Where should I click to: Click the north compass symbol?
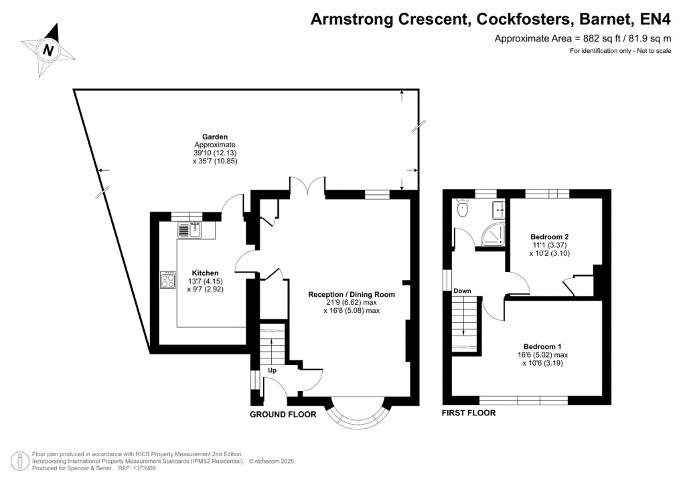tap(48, 48)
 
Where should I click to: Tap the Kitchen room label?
tap(205, 273)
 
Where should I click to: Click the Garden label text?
tap(216, 136)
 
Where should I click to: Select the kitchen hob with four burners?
tap(167, 279)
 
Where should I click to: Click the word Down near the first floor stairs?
tap(463, 291)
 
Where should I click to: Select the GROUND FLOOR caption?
tap(283, 415)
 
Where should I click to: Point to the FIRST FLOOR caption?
tap(469, 413)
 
